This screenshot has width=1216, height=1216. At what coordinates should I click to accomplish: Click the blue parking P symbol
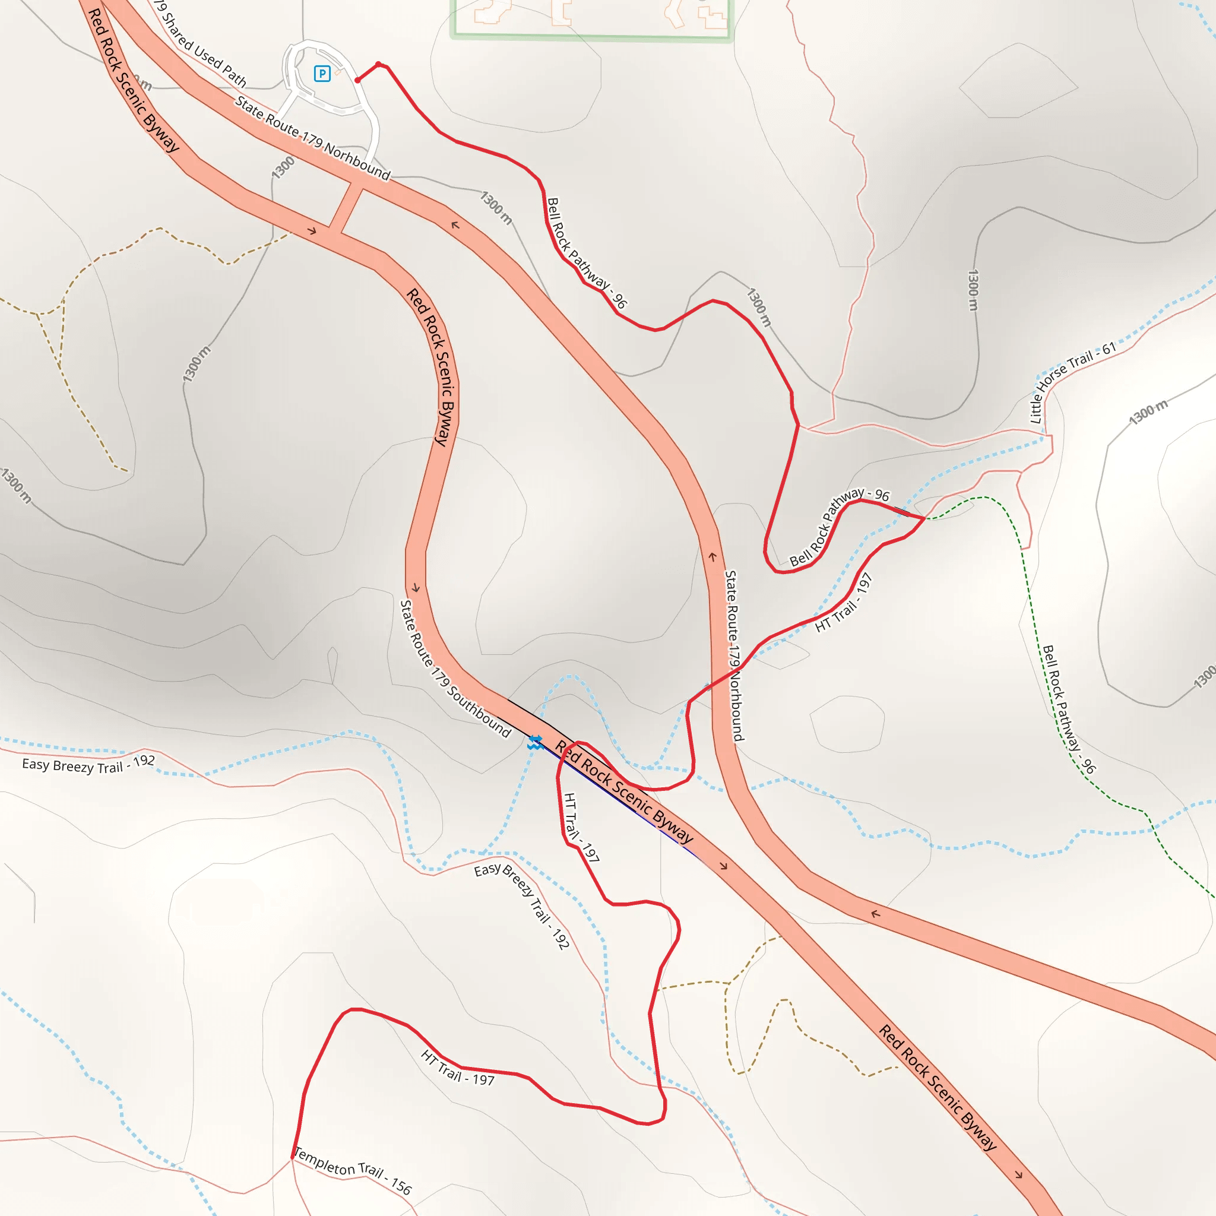[x=322, y=74]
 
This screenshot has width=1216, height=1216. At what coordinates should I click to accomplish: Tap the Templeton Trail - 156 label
[x=353, y=1171]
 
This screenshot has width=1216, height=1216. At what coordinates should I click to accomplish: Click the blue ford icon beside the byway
[x=535, y=743]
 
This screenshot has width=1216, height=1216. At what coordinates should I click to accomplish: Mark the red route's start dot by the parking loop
[x=357, y=80]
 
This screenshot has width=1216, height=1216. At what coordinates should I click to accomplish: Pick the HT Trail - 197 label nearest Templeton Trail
[x=458, y=1068]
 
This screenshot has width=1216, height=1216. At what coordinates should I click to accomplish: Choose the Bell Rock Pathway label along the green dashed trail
[x=1068, y=709]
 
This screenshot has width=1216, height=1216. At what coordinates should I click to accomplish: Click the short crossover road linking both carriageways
[x=346, y=206]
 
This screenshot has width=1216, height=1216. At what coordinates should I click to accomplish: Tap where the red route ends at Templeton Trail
[x=293, y=1157]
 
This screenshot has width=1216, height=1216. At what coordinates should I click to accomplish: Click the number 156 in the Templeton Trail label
[x=401, y=1186]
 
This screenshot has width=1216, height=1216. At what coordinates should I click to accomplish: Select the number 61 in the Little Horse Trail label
[x=1109, y=348]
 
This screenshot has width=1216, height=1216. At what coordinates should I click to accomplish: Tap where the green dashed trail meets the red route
[x=924, y=518]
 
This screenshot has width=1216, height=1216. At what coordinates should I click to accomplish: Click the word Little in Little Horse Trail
[x=1035, y=408]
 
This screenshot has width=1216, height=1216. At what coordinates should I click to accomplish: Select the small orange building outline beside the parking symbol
[x=338, y=72]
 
